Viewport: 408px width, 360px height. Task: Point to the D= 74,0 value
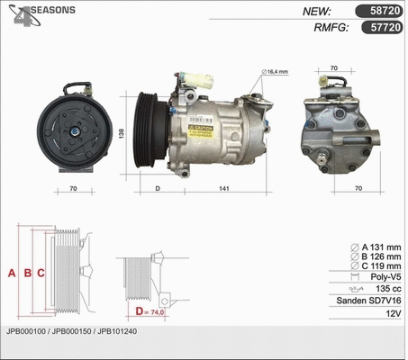[153, 311]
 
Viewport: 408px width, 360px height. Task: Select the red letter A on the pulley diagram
[12, 273]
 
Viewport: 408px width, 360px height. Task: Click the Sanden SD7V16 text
[367, 301]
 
